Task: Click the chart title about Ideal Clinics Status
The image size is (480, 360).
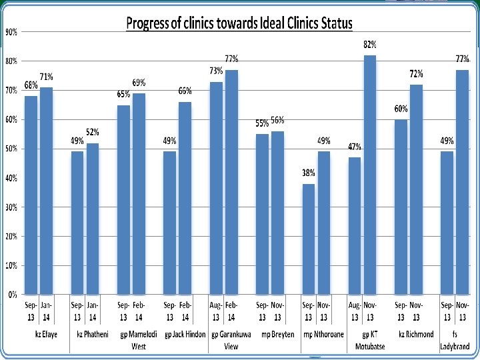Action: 239,23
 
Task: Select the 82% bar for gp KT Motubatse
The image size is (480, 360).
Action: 370,175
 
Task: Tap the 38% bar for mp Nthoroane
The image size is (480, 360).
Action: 308,239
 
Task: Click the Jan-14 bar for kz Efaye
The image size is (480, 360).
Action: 46,191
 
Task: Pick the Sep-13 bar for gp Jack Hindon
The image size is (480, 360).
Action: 169,223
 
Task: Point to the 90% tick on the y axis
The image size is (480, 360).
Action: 11,32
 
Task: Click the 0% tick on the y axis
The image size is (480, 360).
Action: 13,295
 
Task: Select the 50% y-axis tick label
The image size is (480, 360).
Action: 11,149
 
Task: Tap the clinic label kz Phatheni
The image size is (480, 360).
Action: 93,334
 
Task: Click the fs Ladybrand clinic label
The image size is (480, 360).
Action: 455,340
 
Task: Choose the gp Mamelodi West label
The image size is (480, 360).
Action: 139,340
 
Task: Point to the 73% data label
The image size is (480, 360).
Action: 216,71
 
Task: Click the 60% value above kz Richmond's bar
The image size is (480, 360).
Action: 401,109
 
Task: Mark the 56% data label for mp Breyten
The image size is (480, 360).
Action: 277,120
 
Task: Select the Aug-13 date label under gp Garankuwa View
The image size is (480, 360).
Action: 216,311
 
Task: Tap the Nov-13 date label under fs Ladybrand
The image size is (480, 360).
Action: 462,311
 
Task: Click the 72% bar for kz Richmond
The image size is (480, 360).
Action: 416,189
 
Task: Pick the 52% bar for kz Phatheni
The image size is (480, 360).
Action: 93,219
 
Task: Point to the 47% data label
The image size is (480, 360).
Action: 355,147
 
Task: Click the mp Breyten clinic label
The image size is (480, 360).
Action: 277,334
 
